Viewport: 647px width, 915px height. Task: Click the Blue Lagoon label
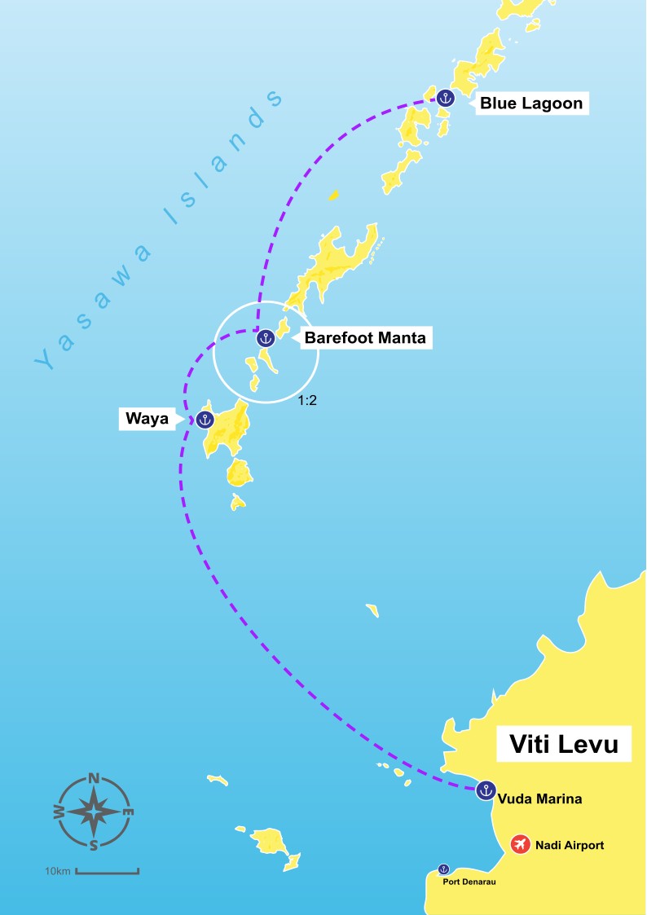(531, 103)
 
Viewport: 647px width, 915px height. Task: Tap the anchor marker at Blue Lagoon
(445, 98)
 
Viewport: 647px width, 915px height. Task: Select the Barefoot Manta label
(365, 337)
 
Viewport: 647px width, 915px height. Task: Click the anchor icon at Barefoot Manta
(265, 337)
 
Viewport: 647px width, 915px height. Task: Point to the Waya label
(147, 420)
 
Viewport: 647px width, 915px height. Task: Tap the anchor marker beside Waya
(205, 420)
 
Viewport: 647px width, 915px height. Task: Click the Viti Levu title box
(564, 744)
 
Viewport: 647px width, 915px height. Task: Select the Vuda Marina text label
(539, 799)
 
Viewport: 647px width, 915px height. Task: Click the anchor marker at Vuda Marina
(486, 790)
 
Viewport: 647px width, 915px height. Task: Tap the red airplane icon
(521, 845)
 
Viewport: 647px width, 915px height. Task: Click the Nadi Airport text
(570, 846)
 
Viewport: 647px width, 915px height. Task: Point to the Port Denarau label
(469, 882)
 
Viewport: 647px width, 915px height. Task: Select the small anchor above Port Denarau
(444, 869)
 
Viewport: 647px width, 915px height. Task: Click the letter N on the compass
(94, 778)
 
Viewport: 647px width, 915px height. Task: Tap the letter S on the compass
(94, 844)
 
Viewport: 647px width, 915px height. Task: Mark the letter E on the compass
(127, 812)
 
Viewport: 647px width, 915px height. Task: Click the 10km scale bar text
(58, 872)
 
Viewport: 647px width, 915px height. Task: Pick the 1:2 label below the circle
(307, 401)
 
